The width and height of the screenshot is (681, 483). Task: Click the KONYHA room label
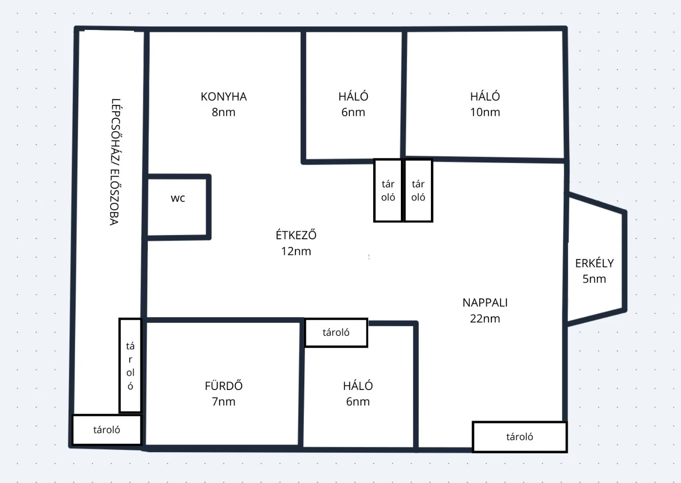(223, 97)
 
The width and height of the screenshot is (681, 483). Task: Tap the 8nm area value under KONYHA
(223, 112)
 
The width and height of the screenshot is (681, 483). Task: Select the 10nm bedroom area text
(485, 112)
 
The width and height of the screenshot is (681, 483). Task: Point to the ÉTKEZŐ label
(296, 235)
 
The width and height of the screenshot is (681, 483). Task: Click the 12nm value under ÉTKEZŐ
(296, 251)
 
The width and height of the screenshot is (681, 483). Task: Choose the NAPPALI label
(485, 303)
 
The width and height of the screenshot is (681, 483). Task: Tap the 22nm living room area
(485, 318)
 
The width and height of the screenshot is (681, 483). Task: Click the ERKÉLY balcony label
(594, 263)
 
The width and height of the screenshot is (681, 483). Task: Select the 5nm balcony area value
(594, 279)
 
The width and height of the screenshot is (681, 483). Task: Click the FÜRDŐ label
(223, 386)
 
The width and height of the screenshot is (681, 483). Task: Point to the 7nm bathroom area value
(223, 402)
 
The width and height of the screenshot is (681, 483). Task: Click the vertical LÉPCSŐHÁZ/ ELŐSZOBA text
(115, 162)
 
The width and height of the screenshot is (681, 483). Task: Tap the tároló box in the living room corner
(520, 437)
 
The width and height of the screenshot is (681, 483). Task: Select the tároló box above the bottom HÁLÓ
(336, 333)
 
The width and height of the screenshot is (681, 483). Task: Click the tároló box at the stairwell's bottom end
(106, 430)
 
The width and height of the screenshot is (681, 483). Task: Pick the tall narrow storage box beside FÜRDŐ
(130, 365)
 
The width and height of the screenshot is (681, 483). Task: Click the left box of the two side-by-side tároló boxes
(388, 190)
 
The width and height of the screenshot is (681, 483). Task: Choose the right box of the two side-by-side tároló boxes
(418, 190)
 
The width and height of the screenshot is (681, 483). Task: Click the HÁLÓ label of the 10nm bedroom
(485, 96)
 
